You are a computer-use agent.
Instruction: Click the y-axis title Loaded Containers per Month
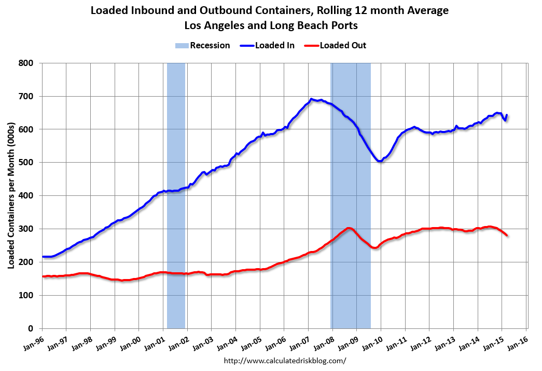click(11, 195)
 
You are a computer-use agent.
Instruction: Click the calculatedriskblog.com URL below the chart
click(285, 361)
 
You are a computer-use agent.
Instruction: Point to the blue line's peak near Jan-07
click(311, 99)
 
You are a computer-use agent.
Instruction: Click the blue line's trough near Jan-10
click(380, 161)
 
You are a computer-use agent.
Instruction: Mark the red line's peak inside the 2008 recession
click(349, 228)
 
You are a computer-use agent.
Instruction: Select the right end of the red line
click(507, 235)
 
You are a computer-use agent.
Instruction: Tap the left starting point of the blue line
click(43, 257)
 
